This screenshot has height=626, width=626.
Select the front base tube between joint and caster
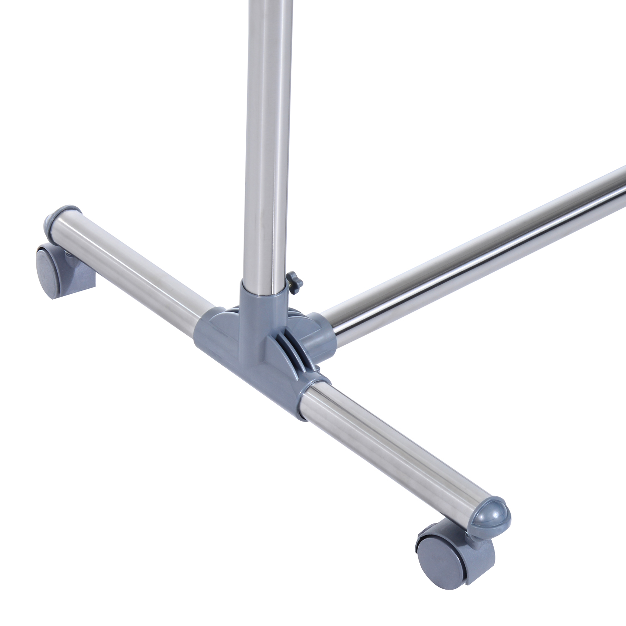389,444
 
